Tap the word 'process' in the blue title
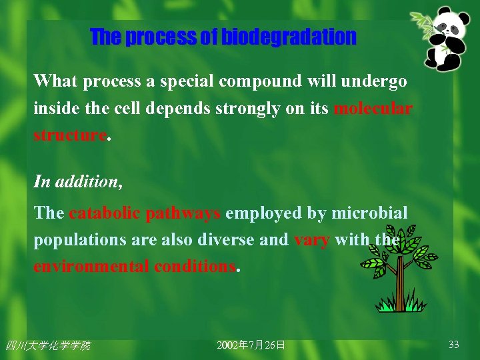[x=161, y=37]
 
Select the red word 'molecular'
[x=373, y=109]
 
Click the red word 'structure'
[x=70, y=135]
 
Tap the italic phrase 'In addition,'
[x=78, y=181]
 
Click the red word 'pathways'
[x=183, y=213]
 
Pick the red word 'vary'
[x=311, y=240]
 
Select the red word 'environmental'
[x=91, y=267]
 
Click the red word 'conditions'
[x=195, y=267]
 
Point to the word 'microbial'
[x=374, y=213]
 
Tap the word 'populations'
[x=76, y=240]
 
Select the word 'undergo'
[x=373, y=81]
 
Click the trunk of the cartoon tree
[x=401, y=283]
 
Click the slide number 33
[x=453, y=345]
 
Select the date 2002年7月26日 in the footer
[x=251, y=345]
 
